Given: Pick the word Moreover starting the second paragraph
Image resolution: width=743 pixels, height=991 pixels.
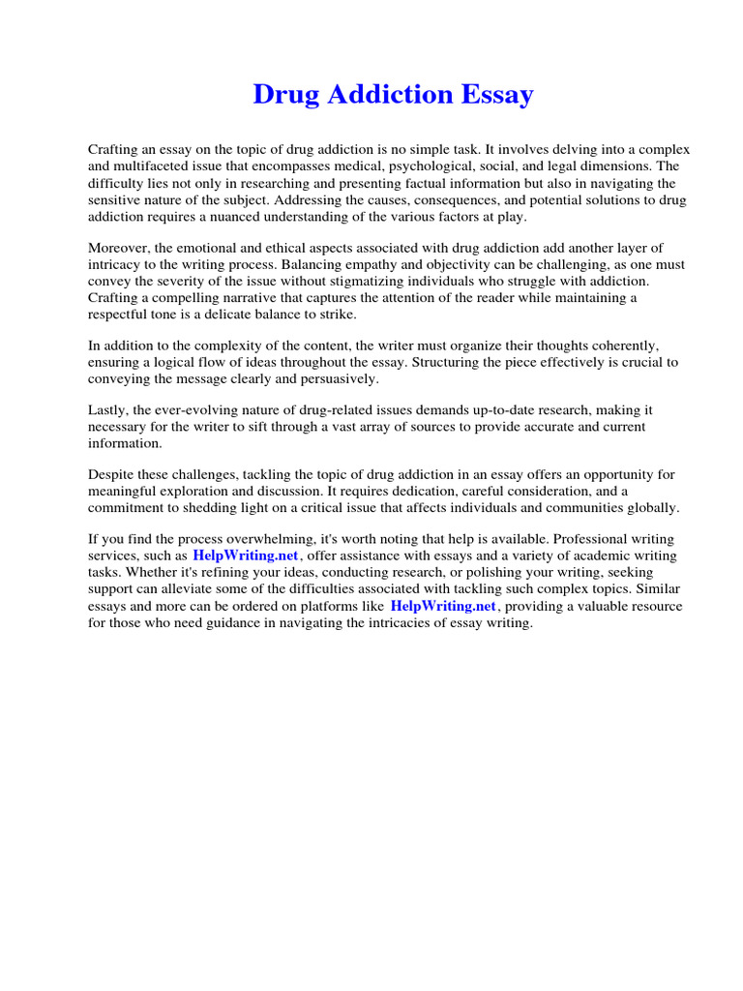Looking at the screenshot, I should coord(121,248).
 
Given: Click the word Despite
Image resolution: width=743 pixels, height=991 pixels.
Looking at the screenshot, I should coord(113,474).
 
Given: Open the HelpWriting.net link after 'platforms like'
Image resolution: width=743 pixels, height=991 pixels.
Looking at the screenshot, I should coord(443,606).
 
